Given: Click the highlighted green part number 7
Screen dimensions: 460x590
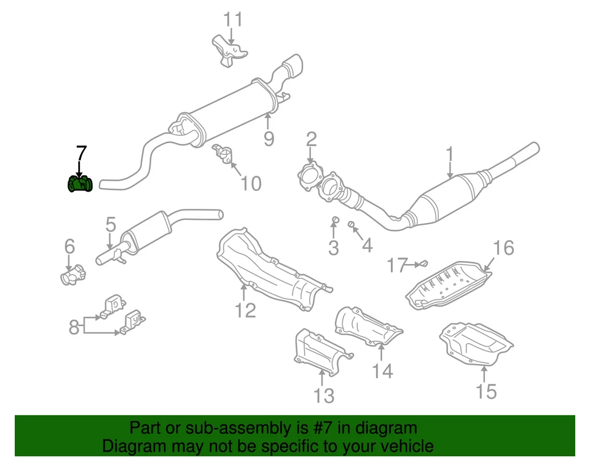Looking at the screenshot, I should pyautogui.click(x=79, y=184).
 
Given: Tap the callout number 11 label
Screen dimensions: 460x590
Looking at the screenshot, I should pyautogui.click(x=232, y=20).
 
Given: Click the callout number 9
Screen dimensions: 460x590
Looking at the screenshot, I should pyautogui.click(x=269, y=138).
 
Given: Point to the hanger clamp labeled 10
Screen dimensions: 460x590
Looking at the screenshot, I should pyautogui.click(x=222, y=154).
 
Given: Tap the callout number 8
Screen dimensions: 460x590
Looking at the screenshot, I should pyautogui.click(x=74, y=327).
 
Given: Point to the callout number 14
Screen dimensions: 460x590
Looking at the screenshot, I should pyautogui.click(x=382, y=370).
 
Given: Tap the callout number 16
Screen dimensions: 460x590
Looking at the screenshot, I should pyautogui.click(x=503, y=248).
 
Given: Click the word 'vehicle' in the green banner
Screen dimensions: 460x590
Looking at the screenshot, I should pyautogui.click(x=403, y=446).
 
